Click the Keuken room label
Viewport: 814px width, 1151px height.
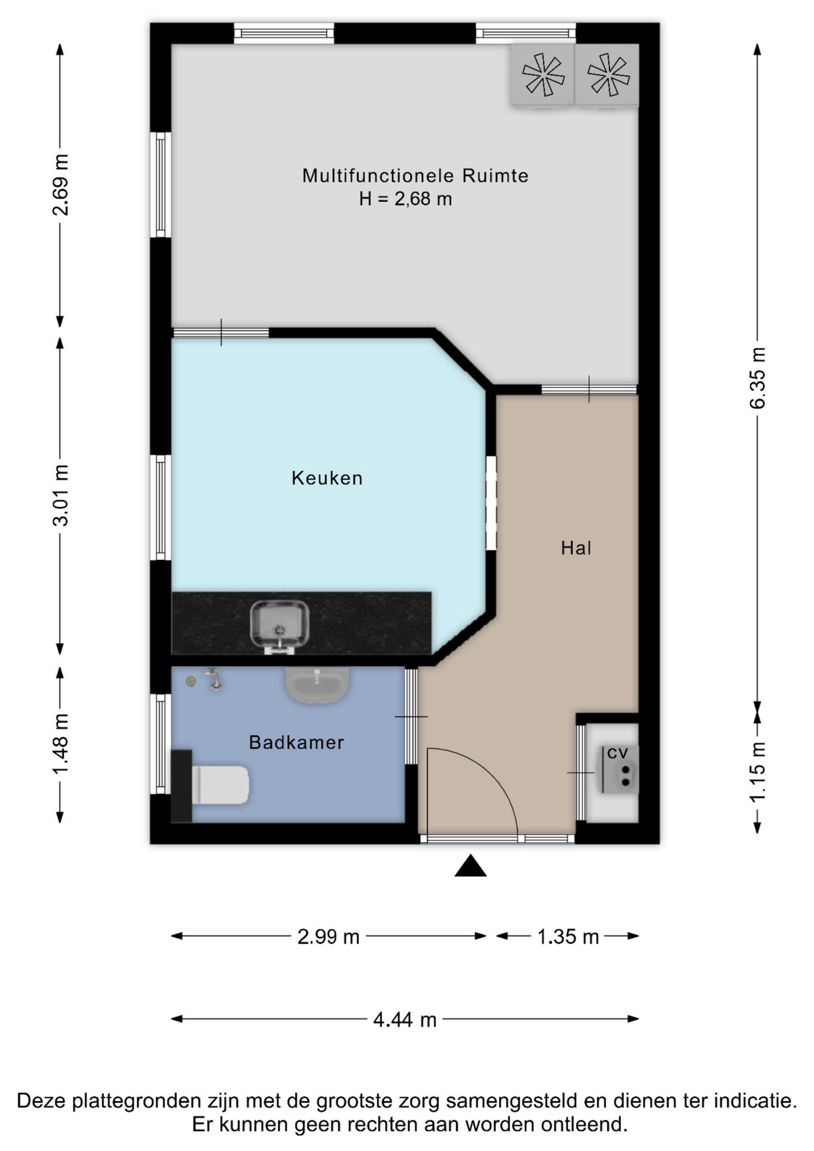click(x=327, y=478)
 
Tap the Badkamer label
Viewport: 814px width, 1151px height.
click(x=297, y=742)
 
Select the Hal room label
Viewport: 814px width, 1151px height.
click(x=576, y=547)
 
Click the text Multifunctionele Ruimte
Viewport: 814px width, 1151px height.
click(x=415, y=176)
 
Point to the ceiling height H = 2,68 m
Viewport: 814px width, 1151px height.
click(x=406, y=198)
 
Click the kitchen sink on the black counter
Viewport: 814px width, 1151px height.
click(x=279, y=626)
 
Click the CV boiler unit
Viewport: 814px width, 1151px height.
click(x=617, y=769)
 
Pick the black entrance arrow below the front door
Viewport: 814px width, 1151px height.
click(x=471, y=866)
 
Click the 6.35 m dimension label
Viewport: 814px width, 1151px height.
click(x=758, y=378)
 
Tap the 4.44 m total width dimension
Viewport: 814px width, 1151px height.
click(x=405, y=1019)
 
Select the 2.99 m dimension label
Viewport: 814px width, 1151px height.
click(x=328, y=936)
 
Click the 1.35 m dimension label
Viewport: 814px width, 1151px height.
click(x=568, y=936)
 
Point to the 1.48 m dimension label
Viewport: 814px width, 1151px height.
click(x=60, y=744)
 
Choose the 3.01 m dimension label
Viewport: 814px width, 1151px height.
click(x=60, y=495)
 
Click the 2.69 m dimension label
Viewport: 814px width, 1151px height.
click(x=60, y=184)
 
